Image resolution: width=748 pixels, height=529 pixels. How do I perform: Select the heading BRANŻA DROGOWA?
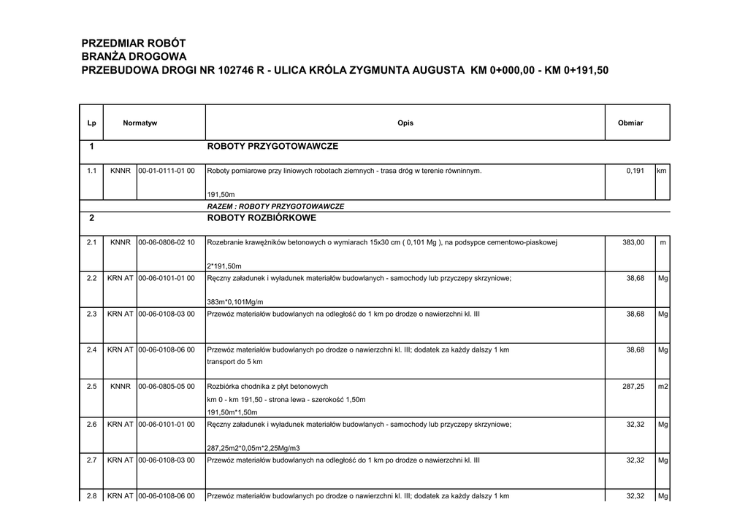134,57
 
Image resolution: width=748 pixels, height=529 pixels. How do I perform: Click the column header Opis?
405,123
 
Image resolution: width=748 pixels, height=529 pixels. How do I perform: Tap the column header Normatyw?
140,123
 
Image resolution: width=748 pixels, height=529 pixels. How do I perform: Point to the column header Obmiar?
630,123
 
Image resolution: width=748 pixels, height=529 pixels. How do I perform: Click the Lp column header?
91,123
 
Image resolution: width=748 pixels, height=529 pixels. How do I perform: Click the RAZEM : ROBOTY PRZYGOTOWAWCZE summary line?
275,206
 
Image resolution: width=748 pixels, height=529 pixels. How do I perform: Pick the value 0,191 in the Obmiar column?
635,171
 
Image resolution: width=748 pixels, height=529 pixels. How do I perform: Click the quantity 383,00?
633,242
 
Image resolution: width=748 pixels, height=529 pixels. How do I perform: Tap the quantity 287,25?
633,387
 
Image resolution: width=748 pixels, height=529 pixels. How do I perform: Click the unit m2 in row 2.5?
663,387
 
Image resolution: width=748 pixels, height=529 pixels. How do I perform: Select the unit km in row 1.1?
663,171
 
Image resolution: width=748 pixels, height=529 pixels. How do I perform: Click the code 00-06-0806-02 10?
167,242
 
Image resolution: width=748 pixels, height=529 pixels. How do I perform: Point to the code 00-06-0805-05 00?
167,387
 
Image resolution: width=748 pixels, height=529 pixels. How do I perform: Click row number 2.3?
91,314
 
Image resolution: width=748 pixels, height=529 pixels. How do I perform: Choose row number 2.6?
91,424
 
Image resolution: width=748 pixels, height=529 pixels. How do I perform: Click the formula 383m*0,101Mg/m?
235,302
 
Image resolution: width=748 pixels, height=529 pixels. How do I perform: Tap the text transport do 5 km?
235,362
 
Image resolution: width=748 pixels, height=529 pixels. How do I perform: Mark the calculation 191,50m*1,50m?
233,412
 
